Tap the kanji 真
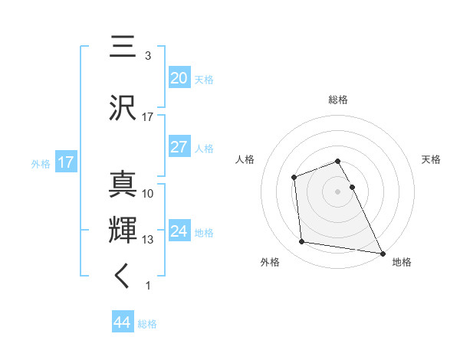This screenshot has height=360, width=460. click(x=123, y=185)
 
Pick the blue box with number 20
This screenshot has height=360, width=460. click(x=179, y=77)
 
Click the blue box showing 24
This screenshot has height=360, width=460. click(x=179, y=231)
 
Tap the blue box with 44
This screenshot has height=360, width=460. click(x=122, y=322)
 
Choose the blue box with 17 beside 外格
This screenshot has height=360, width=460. click(x=65, y=162)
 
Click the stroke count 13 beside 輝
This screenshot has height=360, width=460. click(x=148, y=240)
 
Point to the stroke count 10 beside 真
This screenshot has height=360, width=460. click(x=148, y=194)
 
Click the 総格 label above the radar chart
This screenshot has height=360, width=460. click(x=338, y=100)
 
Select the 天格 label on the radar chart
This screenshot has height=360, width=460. click(x=432, y=159)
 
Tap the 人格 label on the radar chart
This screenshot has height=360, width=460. click(x=245, y=159)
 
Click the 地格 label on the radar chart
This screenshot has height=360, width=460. click(x=402, y=262)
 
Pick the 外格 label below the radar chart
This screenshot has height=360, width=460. click(x=270, y=262)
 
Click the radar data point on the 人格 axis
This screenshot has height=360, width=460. click(x=294, y=178)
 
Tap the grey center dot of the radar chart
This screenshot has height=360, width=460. click(x=338, y=191)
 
